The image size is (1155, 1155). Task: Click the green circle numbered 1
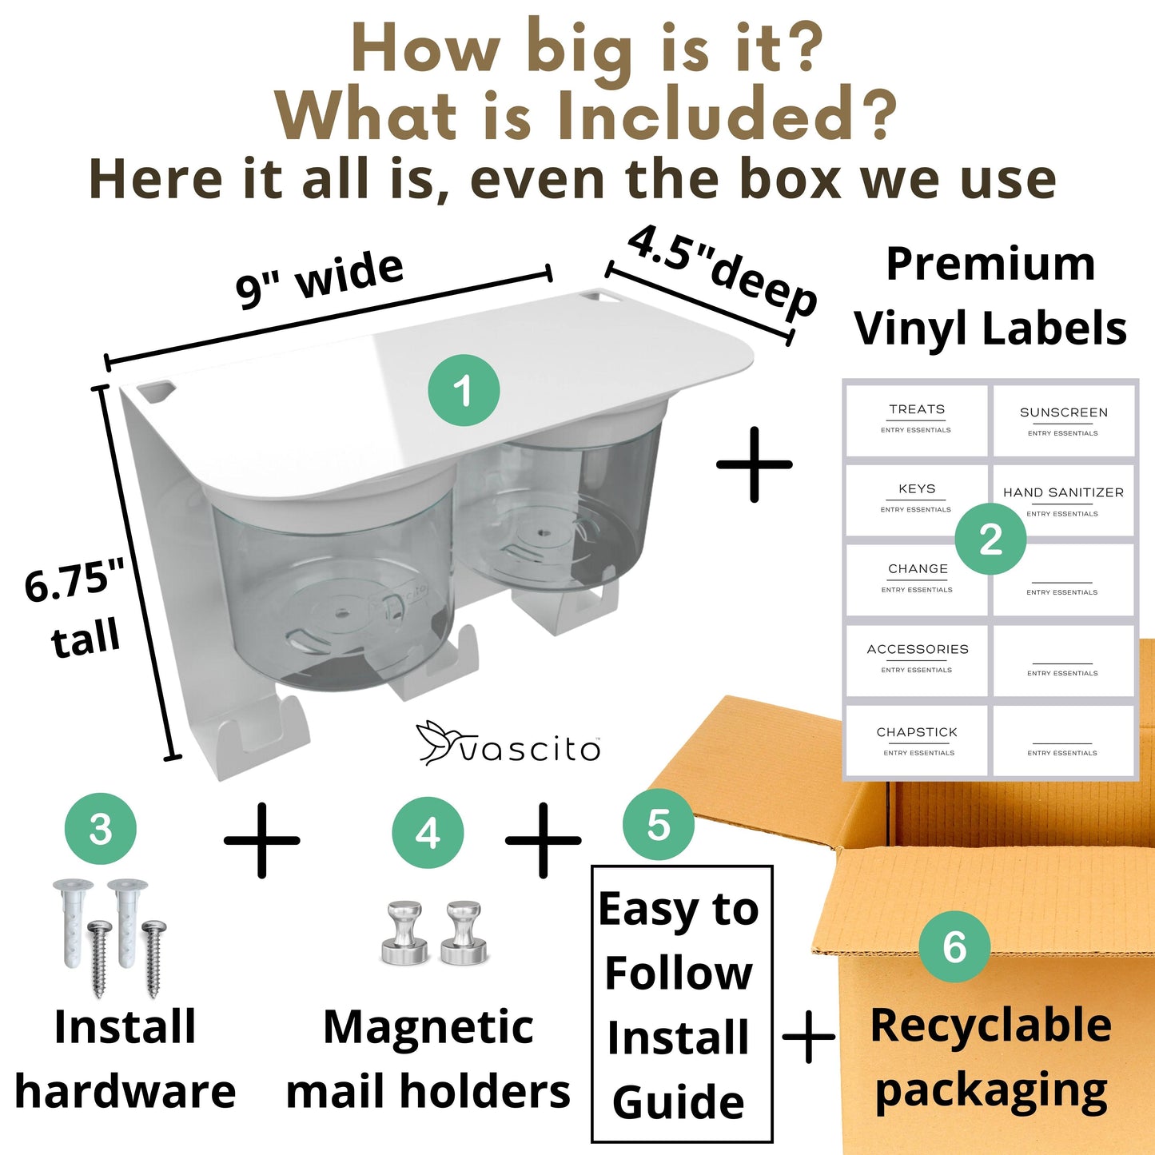pos(464,390)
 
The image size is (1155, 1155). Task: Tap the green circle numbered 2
pos(990,538)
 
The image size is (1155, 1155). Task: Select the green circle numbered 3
pos(101,829)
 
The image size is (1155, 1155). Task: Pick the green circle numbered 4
pos(428,833)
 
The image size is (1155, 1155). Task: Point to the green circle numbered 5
pos(659,824)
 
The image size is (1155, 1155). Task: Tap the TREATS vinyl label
pos(916,420)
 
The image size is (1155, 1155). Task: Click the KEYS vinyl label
pos(916,500)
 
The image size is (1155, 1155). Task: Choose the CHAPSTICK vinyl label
pos(916,741)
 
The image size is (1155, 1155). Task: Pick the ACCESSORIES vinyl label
pos(916,660)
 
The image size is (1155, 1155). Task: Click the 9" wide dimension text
pos(320,279)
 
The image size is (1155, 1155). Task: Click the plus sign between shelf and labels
pos(754,464)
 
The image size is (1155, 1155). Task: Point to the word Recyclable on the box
pos(991,1026)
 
